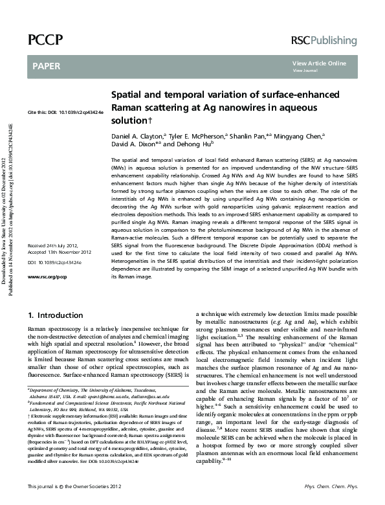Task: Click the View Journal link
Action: tap(305, 70)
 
